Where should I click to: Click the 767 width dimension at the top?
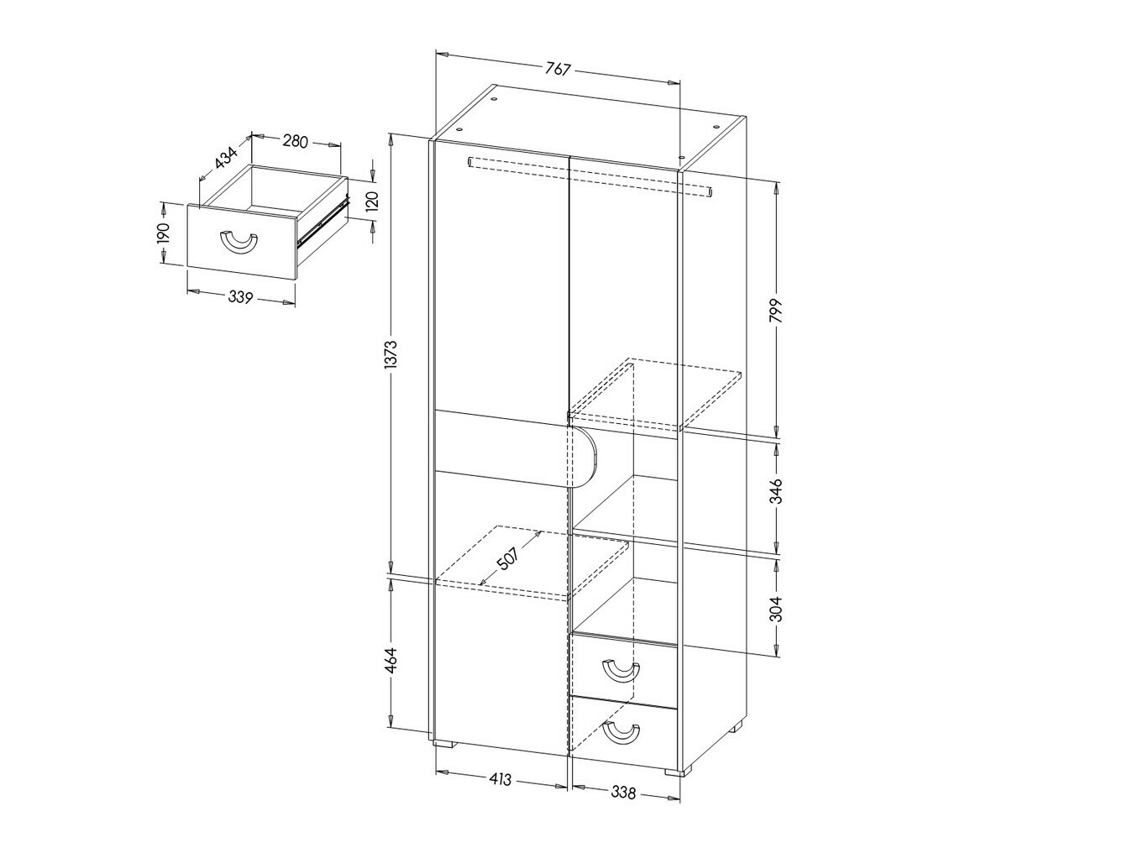click(x=559, y=69)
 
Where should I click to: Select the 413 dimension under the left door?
click(x=500, y=779)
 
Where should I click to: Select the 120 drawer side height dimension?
click(x=373, y=200)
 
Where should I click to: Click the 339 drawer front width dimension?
click(x=240, y=296)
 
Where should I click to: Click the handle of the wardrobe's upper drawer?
click(x=621, y=671)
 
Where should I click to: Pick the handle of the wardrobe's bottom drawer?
click(x=621, y=732)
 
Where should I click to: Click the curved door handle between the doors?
click(x=585, y=458)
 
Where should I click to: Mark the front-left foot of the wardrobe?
click(x=444, y=743)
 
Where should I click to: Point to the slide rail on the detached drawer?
click(x=323, y=222)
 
